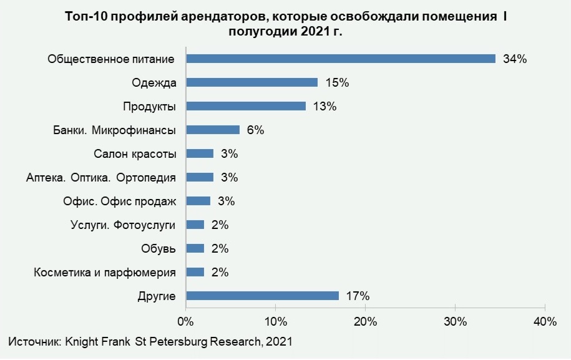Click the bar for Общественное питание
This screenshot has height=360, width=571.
[341, 59]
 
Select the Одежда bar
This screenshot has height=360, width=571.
[252, 82]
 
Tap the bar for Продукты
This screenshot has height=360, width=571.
[246, 106]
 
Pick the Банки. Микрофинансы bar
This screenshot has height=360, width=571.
[213, 130]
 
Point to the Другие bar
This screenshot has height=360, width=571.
[262, 296]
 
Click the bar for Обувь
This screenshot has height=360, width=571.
[195, 248]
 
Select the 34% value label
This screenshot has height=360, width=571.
[515, 59]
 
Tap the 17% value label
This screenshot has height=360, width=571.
[358, 296]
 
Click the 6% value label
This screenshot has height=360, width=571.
[256, 130]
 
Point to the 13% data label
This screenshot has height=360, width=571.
[325, 107]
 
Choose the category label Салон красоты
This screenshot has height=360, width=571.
[135, 154]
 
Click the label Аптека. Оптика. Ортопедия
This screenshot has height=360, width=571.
[101, 178]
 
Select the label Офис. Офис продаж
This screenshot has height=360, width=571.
[120, 202]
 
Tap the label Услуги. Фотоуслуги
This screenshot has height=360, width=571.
[124, 225]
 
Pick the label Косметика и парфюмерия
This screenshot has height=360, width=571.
[105, 273]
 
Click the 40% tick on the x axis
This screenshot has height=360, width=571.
[545, 322]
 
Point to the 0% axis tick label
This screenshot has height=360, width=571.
[185, 322]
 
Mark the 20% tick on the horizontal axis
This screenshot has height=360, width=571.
[365, 322]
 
